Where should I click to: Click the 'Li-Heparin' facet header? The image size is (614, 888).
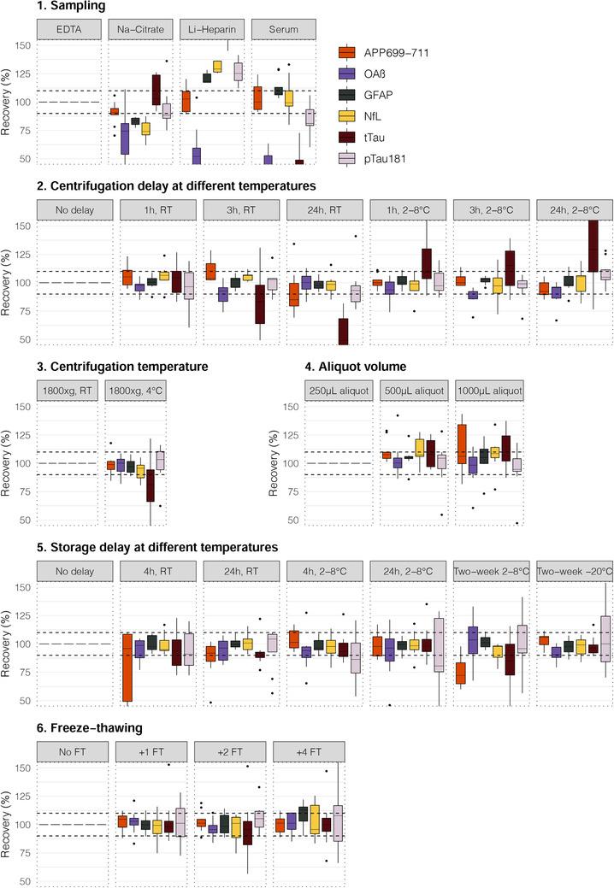214,29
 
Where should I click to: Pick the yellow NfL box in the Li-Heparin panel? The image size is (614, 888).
217,66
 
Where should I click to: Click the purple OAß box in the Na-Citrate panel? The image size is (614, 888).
125,138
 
